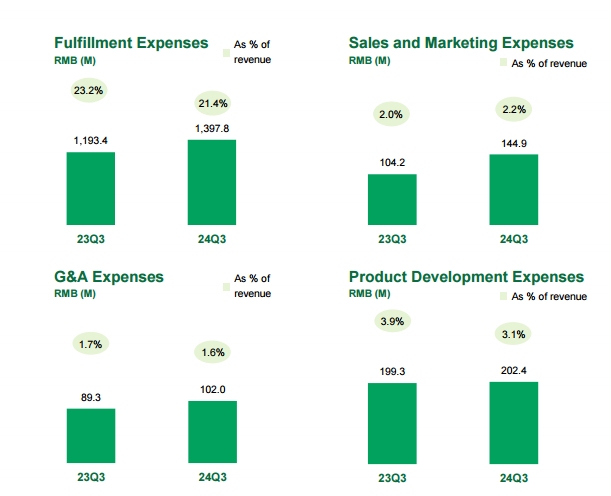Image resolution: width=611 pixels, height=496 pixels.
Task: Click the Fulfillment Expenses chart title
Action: point(130,43)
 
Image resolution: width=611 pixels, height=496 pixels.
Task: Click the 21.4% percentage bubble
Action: point(212,103)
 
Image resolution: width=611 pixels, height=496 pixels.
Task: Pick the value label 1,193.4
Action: point(91,141)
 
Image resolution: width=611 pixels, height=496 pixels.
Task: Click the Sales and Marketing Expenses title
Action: point(461,43)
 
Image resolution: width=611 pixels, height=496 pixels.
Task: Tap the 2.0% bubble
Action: point(392,115)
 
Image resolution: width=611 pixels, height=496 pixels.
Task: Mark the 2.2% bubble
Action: point(514,109)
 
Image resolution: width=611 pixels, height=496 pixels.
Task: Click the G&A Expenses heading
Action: point(108,276)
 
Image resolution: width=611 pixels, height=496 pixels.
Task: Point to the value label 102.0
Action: point(212,390)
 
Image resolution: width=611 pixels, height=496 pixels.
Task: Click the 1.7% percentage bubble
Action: point(90,344)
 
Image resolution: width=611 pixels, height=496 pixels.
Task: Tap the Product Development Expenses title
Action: point(466,276)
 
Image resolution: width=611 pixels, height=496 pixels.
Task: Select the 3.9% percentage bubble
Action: point(392,321)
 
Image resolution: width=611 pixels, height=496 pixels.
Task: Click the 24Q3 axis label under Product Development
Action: point(514,477)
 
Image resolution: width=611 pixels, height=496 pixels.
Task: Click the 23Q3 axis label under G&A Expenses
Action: point(91,477)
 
